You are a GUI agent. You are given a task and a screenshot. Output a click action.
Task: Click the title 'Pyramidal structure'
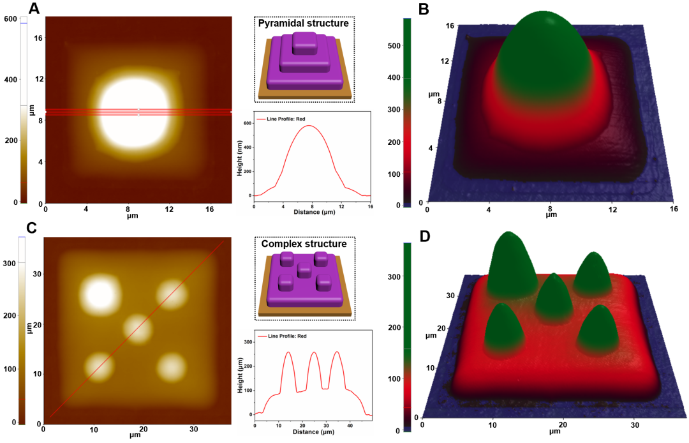303,24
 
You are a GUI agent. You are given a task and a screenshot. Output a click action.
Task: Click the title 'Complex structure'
304,244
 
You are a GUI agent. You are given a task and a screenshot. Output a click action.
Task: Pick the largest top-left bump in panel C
100,292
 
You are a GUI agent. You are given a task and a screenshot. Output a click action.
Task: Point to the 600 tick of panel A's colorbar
10,19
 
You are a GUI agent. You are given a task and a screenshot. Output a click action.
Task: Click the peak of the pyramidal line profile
309,126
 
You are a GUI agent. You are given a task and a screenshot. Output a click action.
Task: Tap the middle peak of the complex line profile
313,352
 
